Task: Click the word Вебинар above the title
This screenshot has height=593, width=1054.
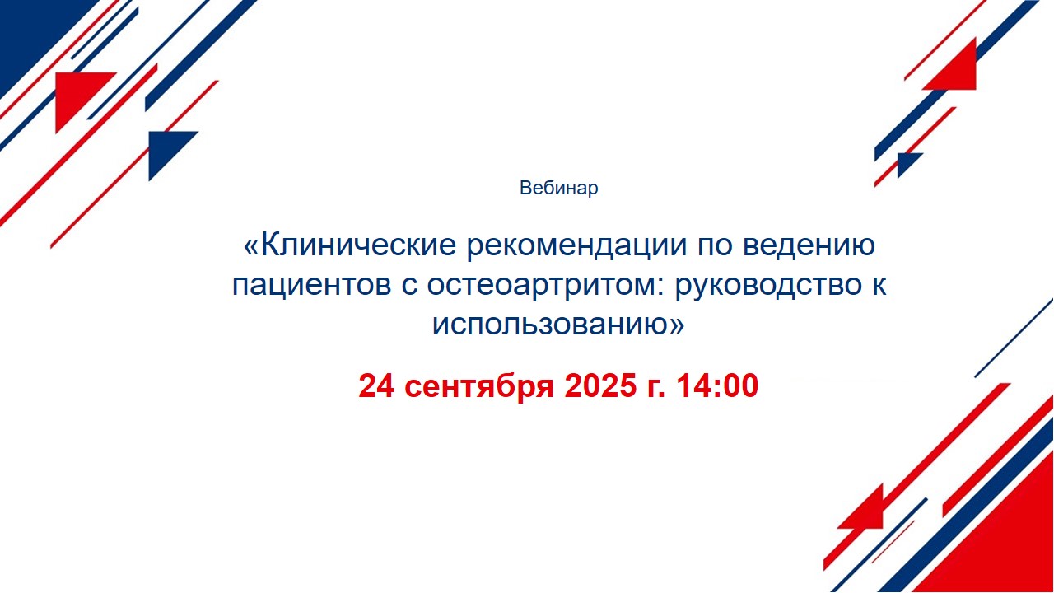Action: point(558,188)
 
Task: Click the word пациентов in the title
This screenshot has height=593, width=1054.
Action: point(311,286)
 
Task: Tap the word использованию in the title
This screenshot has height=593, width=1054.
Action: point(551,325)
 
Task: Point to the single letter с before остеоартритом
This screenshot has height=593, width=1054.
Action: point(409,287)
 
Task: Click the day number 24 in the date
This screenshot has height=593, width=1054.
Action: point(376,386)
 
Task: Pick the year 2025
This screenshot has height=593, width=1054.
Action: point(600,386)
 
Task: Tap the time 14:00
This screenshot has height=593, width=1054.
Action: point(717,386)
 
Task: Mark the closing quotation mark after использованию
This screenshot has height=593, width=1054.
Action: point(677,325)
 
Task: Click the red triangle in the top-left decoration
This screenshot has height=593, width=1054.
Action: point(77,94)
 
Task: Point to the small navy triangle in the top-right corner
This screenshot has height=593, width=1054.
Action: point(907,162)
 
